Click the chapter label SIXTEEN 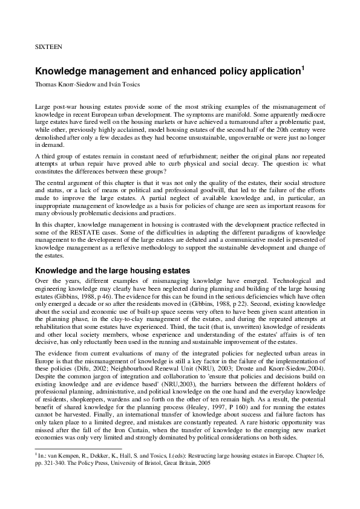pos(48,45)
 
